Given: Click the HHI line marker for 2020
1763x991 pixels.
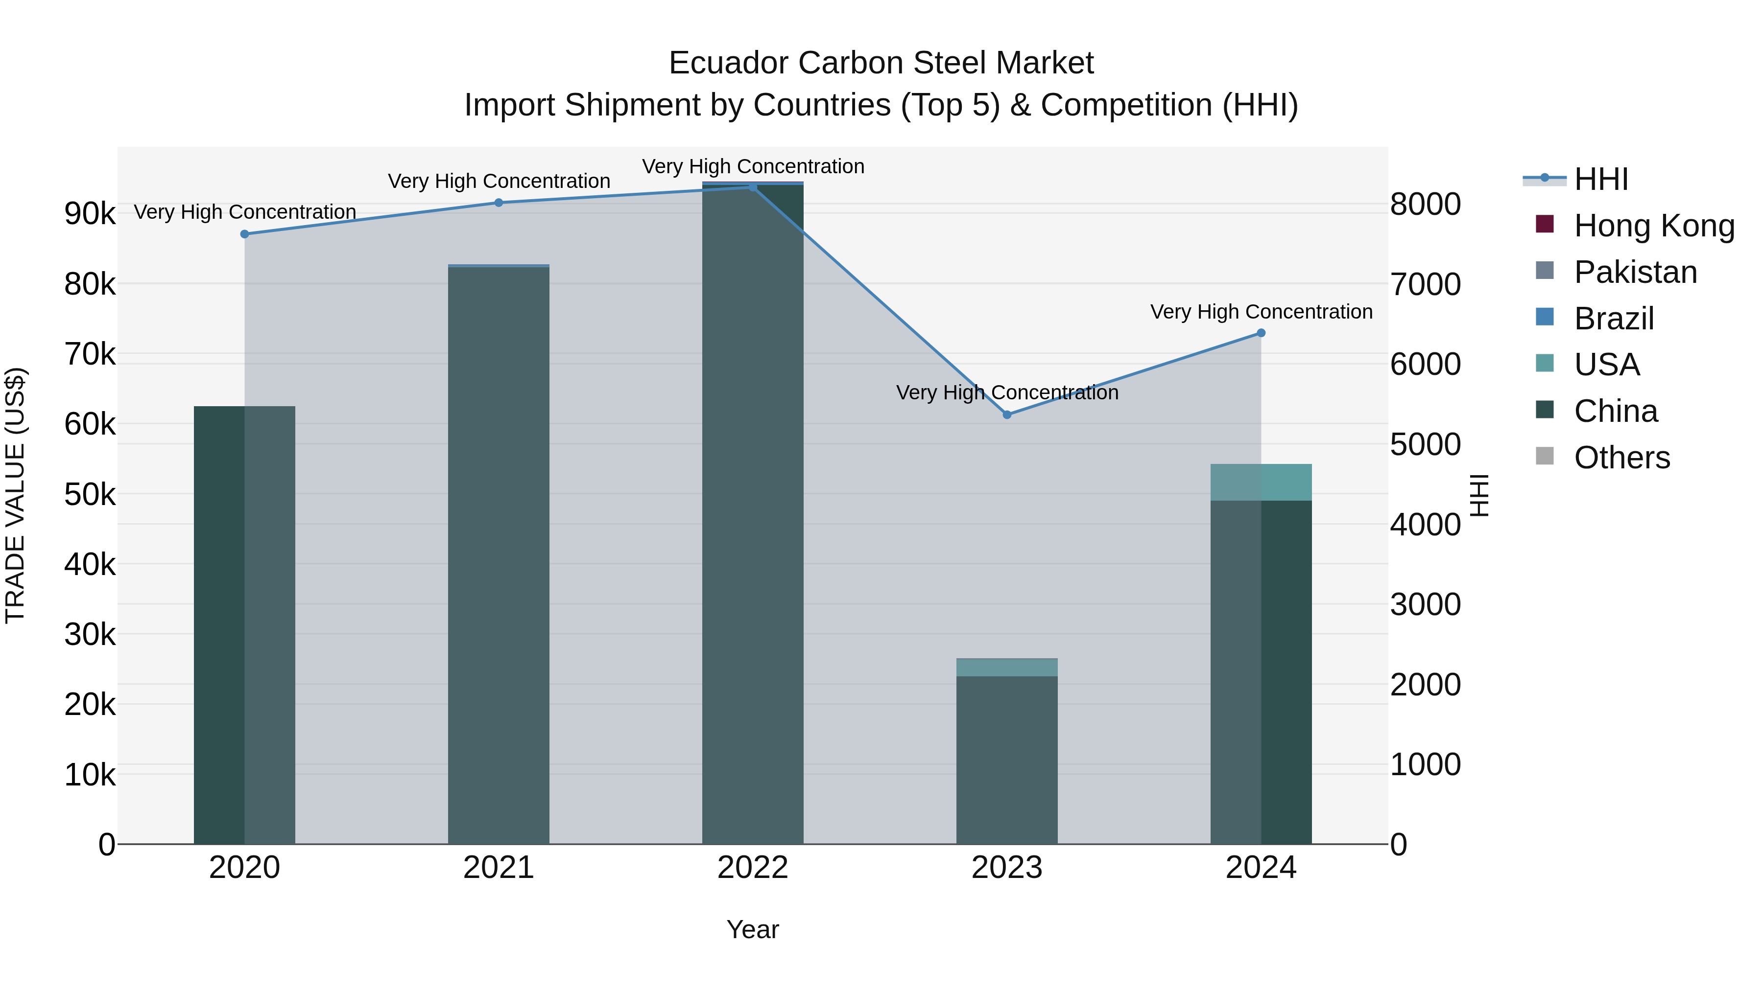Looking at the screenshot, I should click(x=244, y=234).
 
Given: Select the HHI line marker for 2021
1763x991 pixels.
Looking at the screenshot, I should click(x=498, y=203).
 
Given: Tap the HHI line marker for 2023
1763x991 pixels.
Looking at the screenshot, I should click(x=1007, y=415).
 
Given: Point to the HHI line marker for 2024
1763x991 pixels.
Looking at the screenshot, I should click(x=1261, y=333).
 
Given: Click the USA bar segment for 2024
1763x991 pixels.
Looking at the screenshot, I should click(x=1261, y=482).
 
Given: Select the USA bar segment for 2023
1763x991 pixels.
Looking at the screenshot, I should click(x=1007, y=668).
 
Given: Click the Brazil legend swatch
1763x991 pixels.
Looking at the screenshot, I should click(x=1545, y=317).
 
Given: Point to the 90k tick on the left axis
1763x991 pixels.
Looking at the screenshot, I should click(x=90, y=213).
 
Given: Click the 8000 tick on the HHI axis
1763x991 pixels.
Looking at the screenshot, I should click(x=1426, y=205).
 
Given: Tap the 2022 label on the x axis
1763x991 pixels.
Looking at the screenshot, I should click(x=753, y=868).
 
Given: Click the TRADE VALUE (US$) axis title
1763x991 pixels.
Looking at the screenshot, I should click(x=15, y=495).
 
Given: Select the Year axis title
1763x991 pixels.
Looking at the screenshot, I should click(x=753, y=929).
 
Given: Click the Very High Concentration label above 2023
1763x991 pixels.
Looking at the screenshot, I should click(x=1007, y=392).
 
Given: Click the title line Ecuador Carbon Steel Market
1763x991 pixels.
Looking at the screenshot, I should click(x=881, y=63).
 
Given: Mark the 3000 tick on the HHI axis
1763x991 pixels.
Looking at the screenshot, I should click(x=1426, y=604).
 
